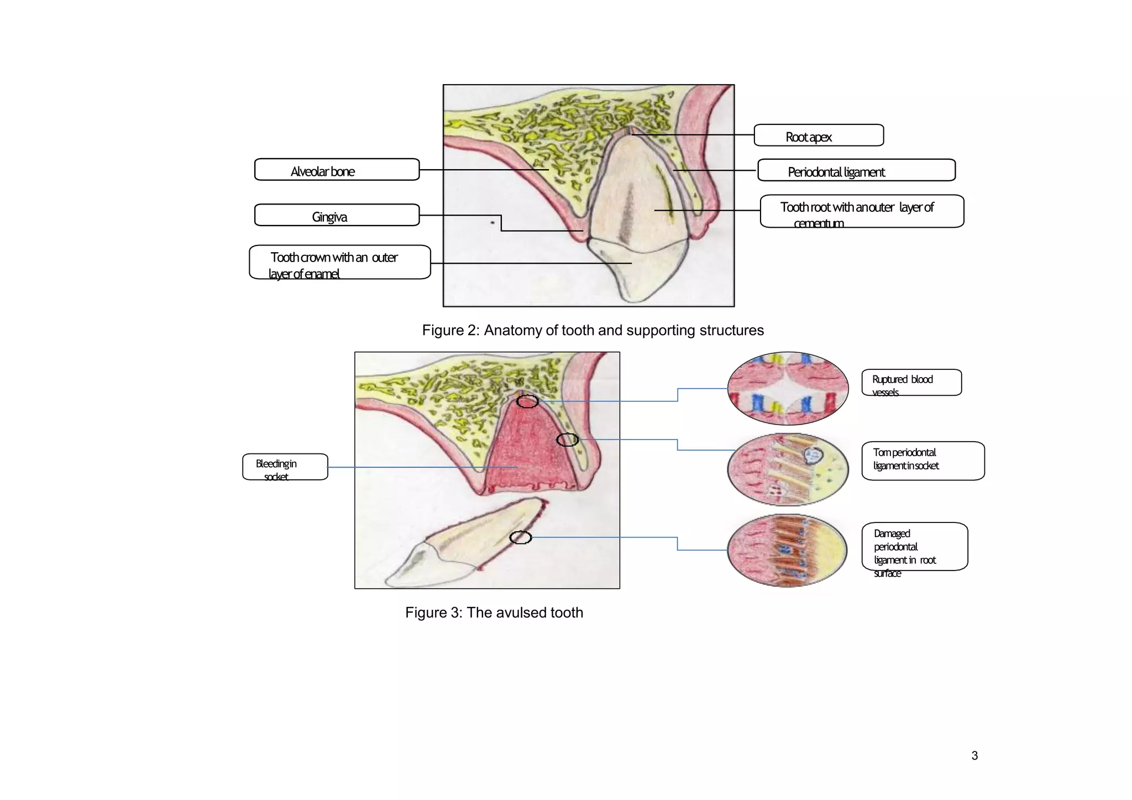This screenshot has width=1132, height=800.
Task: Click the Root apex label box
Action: (x=819, y=135)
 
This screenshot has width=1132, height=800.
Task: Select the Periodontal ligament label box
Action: (x=856, y=170)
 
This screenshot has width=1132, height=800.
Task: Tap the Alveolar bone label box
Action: (x=337, y=170)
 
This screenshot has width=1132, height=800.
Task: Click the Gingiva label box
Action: (x=337, y=215)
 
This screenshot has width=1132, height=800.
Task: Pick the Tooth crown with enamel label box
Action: (x=339, y=263)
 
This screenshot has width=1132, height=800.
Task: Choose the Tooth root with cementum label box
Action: (x=861, y=211)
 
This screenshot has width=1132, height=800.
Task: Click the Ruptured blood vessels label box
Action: (x=911, y=383)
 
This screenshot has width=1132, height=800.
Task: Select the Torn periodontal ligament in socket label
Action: (x=923, y=461)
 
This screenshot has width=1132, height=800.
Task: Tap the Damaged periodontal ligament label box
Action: (x=914, y=547)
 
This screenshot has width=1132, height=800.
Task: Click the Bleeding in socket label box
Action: (x=285, y=467)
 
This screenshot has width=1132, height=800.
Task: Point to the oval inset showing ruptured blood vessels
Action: (x=788, y=388)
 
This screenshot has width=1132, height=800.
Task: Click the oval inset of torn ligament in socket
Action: (x=788, y=469)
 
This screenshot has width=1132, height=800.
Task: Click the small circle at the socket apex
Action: (x=527, y=402)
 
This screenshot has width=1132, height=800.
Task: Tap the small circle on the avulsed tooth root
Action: (x=520, y=537)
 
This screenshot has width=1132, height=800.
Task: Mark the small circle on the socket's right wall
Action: (x=567, y=440)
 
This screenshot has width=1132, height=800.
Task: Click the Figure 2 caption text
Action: (x=593, y=331)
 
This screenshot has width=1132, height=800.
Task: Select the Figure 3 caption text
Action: (x=494, y=613)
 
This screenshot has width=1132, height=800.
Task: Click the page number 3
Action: (x=974, y=756)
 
